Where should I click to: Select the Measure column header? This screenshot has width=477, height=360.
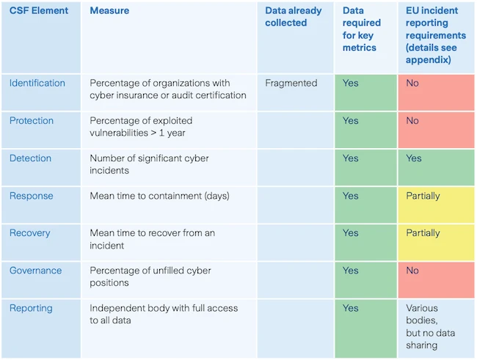click(x=109, y=11)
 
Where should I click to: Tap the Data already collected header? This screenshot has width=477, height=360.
click(x=294, y=17)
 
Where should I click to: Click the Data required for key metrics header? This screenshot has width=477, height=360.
click(x=362, y=29)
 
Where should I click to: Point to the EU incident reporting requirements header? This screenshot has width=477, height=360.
click(x=436, y=35)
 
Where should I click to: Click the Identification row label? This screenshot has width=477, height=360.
click(x=37, y=83)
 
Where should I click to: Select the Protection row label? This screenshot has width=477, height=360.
click(x=32, y=120)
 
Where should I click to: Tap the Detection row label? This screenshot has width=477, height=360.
click(x=30, y=158)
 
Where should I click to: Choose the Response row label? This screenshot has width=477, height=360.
click(x=30, y=196)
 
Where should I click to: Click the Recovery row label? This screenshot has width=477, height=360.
click(x=30, y=233)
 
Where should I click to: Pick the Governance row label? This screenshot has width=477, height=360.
click(x=35, y=271)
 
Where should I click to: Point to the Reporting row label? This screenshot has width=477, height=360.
click(x=31, y=308)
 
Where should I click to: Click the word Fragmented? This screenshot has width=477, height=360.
click(x=291, y=83)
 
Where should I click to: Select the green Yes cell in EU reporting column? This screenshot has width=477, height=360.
click(x=436, y=166)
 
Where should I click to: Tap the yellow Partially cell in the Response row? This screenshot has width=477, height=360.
click(x=436, y=203)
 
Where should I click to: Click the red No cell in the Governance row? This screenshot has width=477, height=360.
click(x=436, y=279)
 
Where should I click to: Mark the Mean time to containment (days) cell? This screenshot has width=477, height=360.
click(x=160, y=196)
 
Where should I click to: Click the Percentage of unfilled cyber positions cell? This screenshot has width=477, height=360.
click(x=150, y=276)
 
